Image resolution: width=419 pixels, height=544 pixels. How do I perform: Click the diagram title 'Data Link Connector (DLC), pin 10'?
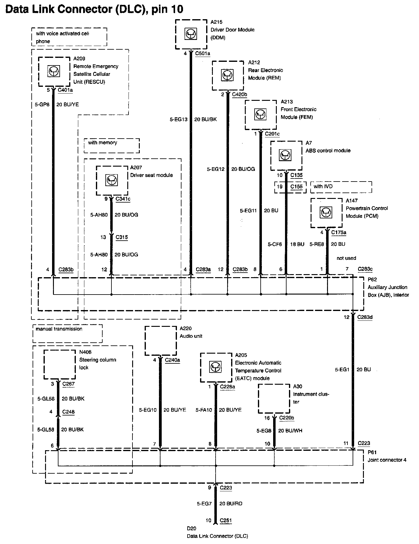94,9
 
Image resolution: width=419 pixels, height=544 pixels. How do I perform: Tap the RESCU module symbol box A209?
54,72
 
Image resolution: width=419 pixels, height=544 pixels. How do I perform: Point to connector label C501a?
203,54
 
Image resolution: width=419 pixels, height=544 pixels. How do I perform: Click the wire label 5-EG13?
178,119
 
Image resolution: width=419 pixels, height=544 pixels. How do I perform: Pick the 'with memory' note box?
112,146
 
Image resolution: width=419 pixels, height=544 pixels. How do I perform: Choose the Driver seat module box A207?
112,180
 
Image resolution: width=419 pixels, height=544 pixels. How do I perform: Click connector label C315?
122,237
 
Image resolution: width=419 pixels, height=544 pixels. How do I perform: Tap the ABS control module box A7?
286,155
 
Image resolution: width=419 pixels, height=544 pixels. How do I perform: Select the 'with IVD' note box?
341,187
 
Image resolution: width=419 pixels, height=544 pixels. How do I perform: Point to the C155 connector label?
296,187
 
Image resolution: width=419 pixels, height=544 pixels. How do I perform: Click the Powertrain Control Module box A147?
326,213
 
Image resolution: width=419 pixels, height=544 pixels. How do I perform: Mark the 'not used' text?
346,258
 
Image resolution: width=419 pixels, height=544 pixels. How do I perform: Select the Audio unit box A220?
160,341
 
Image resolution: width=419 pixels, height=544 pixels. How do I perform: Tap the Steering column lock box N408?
59,364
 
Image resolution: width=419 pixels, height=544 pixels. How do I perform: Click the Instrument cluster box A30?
274,398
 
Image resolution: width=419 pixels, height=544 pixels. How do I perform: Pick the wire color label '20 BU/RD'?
231,503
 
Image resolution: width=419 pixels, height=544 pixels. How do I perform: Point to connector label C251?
226,520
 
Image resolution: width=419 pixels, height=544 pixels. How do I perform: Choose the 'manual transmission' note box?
67,333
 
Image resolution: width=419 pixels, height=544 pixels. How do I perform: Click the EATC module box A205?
216,367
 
